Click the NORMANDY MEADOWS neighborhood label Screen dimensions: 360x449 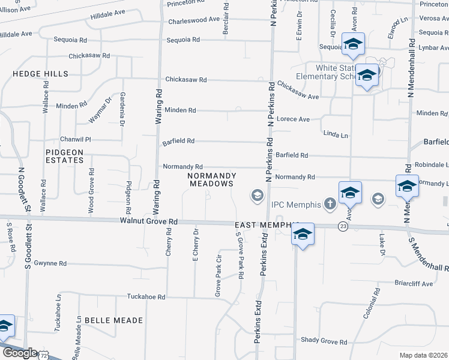(210, 180)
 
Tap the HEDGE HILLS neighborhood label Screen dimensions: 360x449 (41, 74)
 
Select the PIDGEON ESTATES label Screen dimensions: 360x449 (64, 156)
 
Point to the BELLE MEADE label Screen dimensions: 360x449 (113, 320)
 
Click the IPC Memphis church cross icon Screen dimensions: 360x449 (330, 204)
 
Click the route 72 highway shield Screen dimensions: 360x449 (43, 355)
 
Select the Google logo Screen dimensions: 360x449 (19, 353)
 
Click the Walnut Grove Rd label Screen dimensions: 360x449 (149, 221)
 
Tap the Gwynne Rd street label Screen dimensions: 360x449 (50, 263)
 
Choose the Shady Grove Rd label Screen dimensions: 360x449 (324, 342)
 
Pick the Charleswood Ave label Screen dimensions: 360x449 (194, 20)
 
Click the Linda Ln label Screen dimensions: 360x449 (335, 135)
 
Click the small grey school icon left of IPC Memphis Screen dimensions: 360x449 (257, 196)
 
